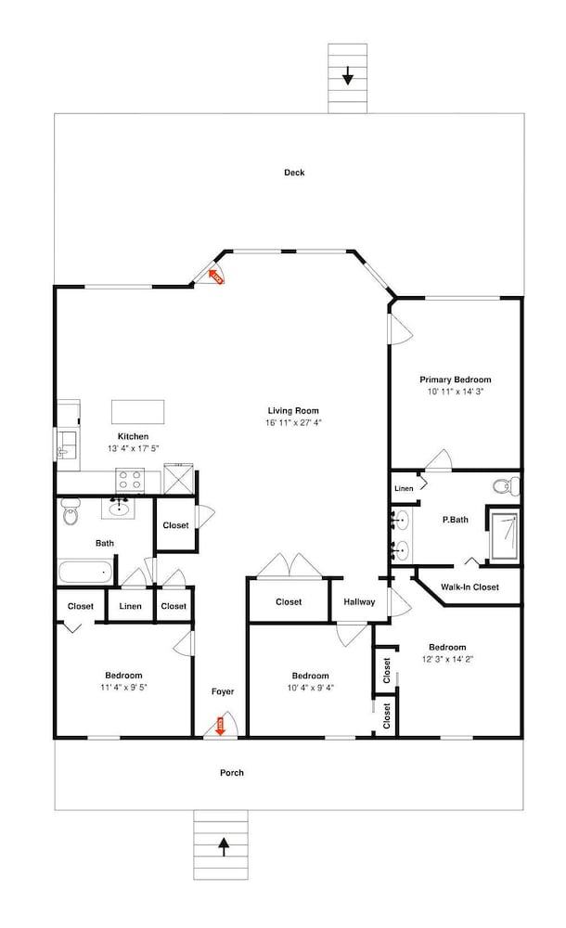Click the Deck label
tap(294, 173)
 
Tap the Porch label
tap(231, 772)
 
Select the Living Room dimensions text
tap(293, 422)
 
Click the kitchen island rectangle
tap(138, 411)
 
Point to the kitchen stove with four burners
tap(130, 480)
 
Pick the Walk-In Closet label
tap(470, 587)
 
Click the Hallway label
tap(359, 602)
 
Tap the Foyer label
tap(223, 691)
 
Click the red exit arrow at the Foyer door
tap(220, 727)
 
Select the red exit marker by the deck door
tap(215, 277)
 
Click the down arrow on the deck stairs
tap(348, 76)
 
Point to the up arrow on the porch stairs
tap(224, 848)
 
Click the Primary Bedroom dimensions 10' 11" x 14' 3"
tap(456, 392)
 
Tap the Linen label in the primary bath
tap(404, 488)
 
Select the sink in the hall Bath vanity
tap(121, 508)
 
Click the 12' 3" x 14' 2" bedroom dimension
tap(447, 659)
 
